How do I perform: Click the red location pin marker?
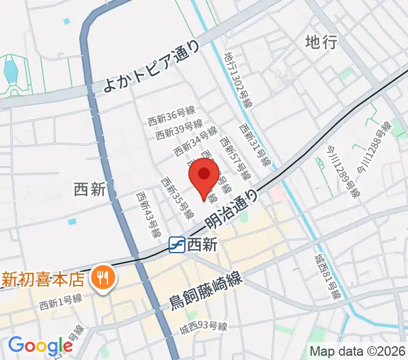pos(204,175)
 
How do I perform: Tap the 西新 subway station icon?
pos(176,244)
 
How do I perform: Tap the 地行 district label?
pos(321,41)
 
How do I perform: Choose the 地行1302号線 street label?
pos(238,79)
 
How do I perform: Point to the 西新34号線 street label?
pos(195,141)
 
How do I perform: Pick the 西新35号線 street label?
pos(177,197)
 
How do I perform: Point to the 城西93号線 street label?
pos(203,327)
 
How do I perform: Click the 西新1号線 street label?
pos(61,305)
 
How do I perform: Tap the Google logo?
pos(40,346)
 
